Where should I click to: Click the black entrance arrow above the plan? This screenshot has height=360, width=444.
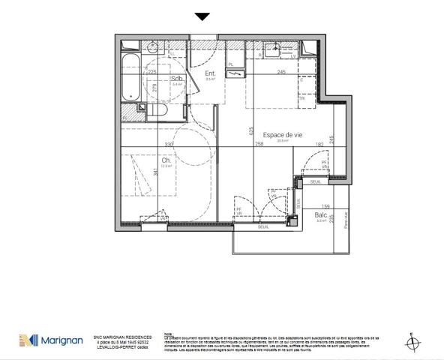[202, 16]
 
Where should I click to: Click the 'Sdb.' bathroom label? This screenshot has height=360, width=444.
[177, 78]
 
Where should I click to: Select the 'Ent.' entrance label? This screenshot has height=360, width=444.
[211, 73]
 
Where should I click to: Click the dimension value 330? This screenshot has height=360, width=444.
[169, 145]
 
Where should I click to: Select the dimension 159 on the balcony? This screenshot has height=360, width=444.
[325, 207]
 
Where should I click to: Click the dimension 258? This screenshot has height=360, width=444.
[259, 145]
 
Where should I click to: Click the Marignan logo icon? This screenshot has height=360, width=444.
[30, 341]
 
